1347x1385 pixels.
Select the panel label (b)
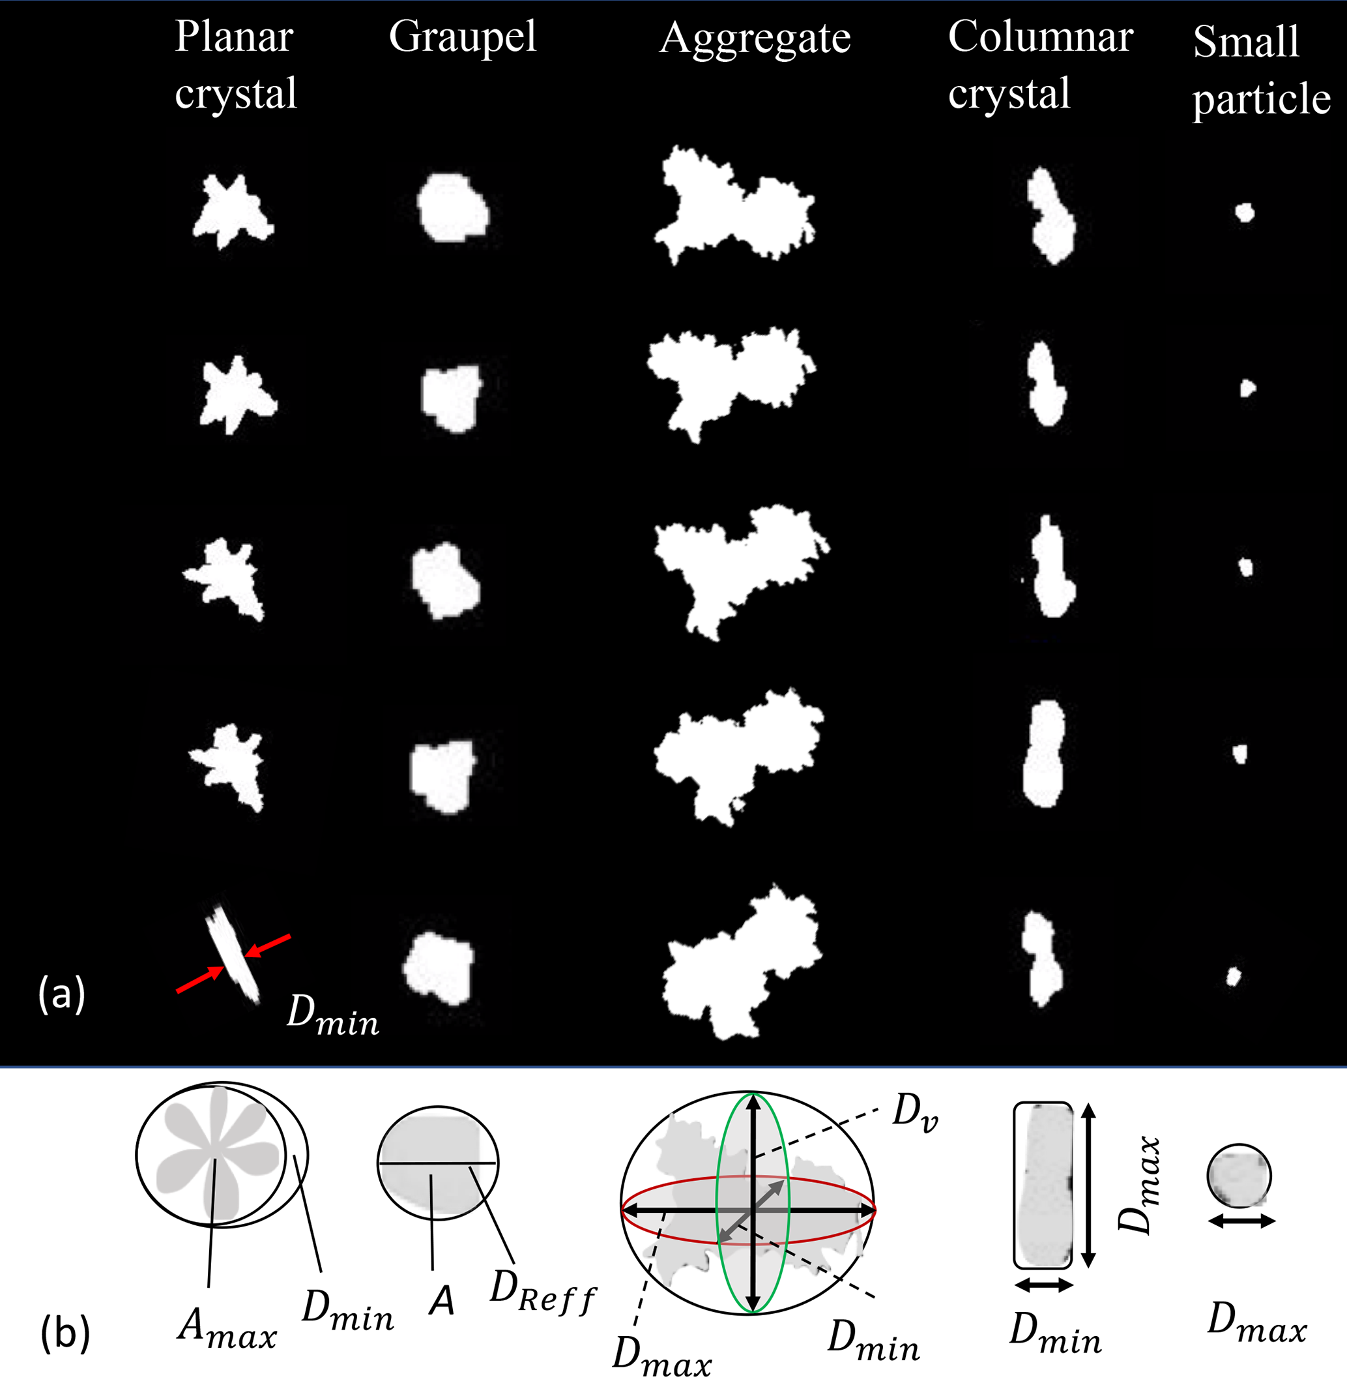65,1333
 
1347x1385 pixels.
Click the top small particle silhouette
1245,213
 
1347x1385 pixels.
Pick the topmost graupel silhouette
453,208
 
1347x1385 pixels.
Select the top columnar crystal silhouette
1050,215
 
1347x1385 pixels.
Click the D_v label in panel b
916,1111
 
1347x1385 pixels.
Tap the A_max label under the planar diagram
227,1326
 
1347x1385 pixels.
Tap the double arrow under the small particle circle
1241,1220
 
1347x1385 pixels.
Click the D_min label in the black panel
333,1015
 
